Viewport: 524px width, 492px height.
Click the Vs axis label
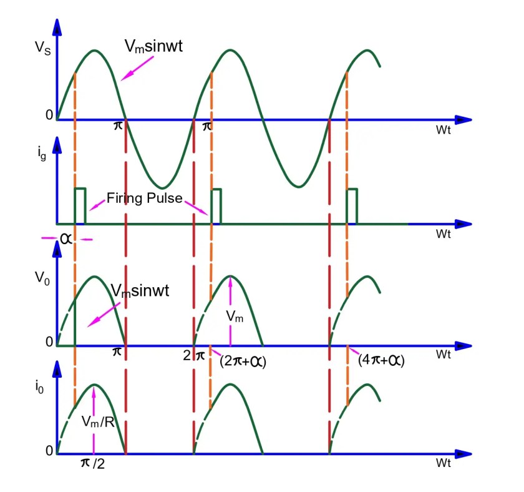(x=43, y=48)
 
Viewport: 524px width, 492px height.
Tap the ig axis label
(x=42, y=154)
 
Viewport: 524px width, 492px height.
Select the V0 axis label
(x=42, y=278)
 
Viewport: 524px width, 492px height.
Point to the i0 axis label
(x=39, y=387)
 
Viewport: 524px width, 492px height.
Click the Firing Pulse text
(x=144, y=199)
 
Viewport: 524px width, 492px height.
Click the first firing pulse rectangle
(x=80, y=206)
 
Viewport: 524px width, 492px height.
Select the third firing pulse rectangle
(x=352, y=207)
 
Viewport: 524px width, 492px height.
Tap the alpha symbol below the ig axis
(x=66, y=239)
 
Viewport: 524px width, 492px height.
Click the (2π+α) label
(x=243, y=362)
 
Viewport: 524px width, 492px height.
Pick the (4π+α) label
(x=381, y=360)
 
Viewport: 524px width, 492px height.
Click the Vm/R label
(x=98, y=422)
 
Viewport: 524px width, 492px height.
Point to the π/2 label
(x=93, y=463)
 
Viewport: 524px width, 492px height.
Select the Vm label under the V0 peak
(x=235, y=316)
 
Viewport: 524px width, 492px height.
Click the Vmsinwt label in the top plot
(x=153, y=46)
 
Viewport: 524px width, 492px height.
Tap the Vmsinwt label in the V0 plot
(x=140, y=291)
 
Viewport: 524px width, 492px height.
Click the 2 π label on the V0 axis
(x=194, y=355)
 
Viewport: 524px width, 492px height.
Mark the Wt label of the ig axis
(x=444, y=234)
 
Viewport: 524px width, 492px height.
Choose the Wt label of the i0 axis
(x=444, y=463)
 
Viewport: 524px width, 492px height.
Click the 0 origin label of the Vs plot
(x=49, y=115)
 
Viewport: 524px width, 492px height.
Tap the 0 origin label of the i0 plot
(x=49, y=451)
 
